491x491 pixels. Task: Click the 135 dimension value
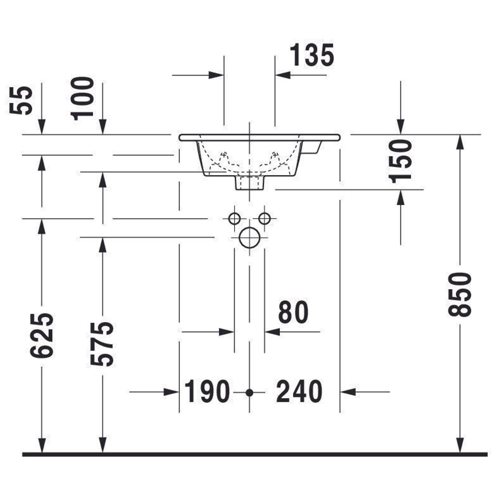312,55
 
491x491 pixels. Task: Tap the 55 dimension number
21,100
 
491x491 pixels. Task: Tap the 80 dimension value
293,312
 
